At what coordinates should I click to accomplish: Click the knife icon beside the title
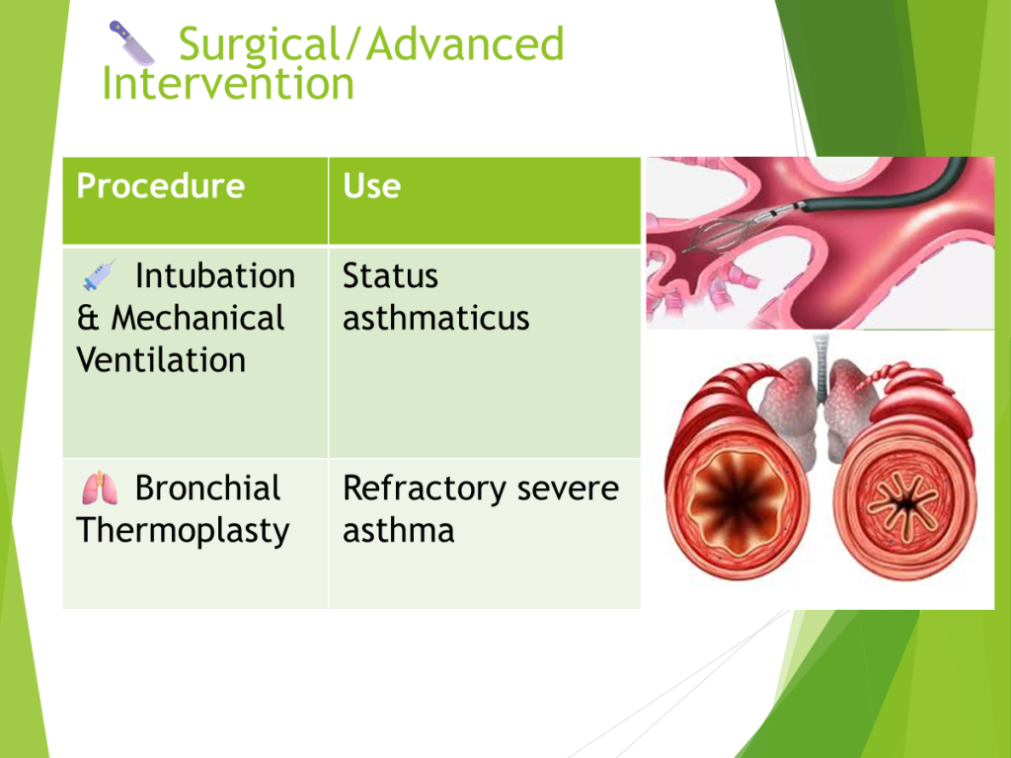pyautogui.click(x=131, y=43)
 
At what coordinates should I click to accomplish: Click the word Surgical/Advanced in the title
pyautogui.click(x=371, y=43)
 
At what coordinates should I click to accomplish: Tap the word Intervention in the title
pyautogui.click(x=228, y=84)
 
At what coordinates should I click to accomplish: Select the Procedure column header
pyautogui.click(x=161, y=186)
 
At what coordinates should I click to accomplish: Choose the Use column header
pyautogui.click(x=371, y=186)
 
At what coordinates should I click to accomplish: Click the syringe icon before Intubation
pyautogui.click(x=100, y=275)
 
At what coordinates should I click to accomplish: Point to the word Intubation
pyautogui.click(x=215, y=276)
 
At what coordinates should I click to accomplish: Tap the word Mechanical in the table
pyautogui.click(x=197, y=318)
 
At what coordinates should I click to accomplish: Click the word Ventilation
pyautogui.click(x=161, y=359)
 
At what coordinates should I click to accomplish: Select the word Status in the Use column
pyautogui.click(x=390, y=276)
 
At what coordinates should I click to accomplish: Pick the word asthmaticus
pyautogui.click(x=435, y=318)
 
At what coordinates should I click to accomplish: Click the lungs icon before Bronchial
pyautogui.click(x=100, y=488)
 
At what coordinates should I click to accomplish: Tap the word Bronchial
pyautogui.click(x=207, y=488)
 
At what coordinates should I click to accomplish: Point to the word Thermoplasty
pyautogui.click(x=183, y=531)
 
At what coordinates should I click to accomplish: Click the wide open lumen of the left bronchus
pyautogui.click(x=736, y=500)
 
